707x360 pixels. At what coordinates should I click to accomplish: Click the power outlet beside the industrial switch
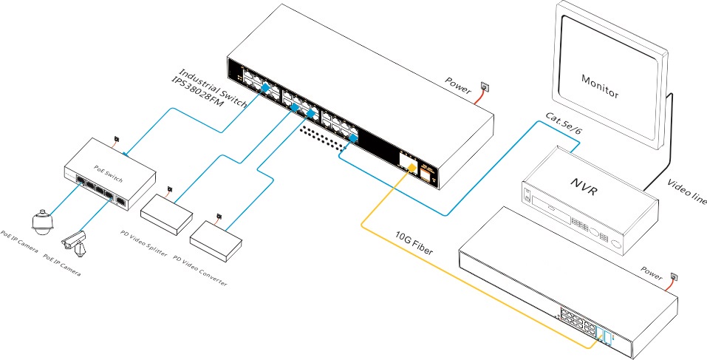485,86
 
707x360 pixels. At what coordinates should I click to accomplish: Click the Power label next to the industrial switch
458,85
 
